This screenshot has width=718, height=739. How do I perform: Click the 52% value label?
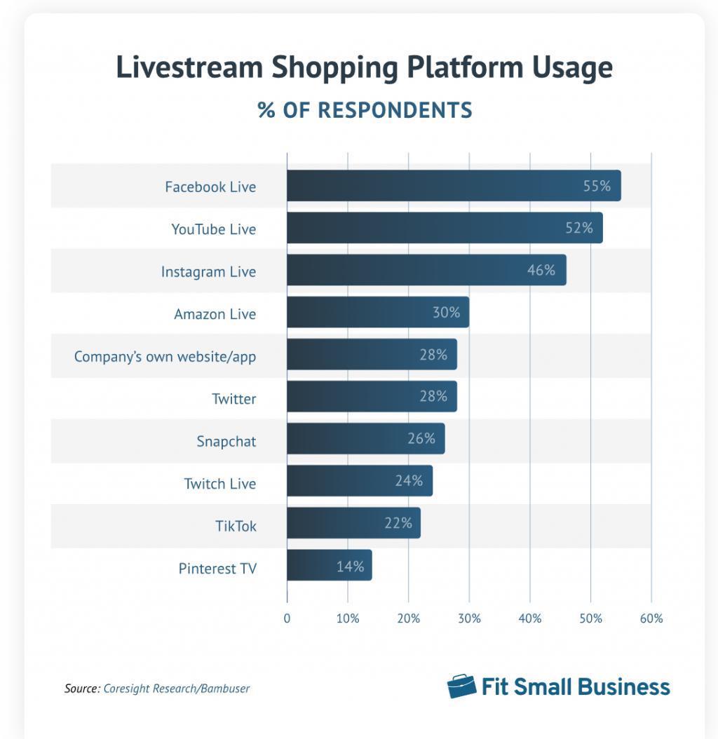(579, 228)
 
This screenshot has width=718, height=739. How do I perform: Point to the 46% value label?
(541, 270)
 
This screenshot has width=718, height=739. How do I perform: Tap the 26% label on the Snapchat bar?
(421, 439)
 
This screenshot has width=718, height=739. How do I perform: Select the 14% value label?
(350, 566)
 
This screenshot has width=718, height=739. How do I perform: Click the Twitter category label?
(234, 399)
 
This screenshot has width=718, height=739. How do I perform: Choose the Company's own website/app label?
(165, 356)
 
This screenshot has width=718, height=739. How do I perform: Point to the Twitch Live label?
(220, 483)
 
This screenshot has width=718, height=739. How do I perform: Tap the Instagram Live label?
(208, 271)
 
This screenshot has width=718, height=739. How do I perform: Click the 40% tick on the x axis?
(530, 618)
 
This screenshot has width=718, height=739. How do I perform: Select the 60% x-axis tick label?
(651, 618)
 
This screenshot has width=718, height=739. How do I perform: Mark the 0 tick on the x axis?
(287, 618)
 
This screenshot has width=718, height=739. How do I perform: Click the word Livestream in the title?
(189, 68)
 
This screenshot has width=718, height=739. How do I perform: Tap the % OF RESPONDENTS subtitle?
(365, 110)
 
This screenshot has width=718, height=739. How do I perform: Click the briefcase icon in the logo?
(461, 686)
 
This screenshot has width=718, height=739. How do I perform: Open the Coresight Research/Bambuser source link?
(177, 689)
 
